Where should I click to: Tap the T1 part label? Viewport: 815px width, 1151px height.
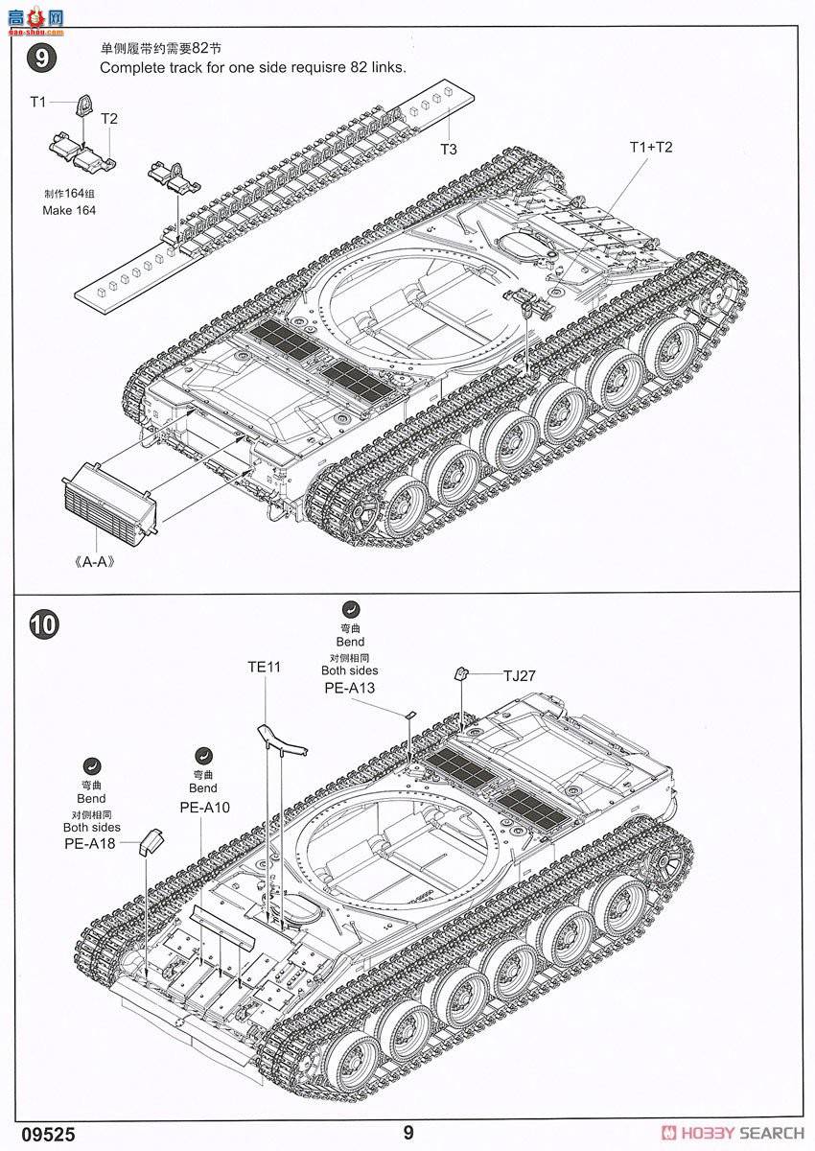[x=37, y=101]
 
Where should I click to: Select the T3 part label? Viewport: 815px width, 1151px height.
[x=449, y=149]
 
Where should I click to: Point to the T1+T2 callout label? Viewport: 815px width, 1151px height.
[x=651, y=147]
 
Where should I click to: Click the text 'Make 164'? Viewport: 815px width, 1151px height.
[x=69, y=210]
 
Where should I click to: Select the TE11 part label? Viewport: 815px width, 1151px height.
[x=264, y=667]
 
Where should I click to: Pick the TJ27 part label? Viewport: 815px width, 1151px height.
[x=519, y=675]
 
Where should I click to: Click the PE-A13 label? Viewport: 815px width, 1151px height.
[x=350, y=688]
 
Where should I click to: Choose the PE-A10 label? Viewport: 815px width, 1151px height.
[x=205, y=807]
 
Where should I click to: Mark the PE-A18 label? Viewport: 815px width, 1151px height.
[x=90, y=843]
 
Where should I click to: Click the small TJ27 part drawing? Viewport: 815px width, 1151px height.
[x=461, y=673]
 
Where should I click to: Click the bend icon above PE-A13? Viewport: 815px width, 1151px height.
[x=350, y=608]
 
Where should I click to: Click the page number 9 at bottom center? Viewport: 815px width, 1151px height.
[x=408, y=1132]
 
